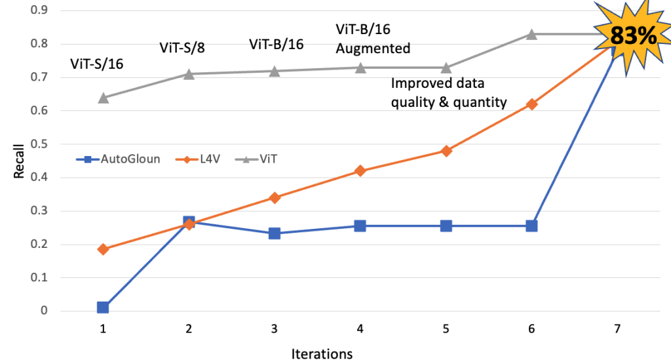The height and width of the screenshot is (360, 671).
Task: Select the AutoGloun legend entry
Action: (x=121, y=159)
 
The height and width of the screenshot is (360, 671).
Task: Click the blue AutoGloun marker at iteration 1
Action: (x=103, y=307)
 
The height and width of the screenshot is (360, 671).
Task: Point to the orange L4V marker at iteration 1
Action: (x=103, y=249)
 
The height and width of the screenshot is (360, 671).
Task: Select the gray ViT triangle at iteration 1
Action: (x=103, y=98)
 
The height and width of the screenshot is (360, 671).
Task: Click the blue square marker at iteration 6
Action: (x=531, y=226)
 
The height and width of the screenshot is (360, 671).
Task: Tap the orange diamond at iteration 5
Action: (x=446, y=151)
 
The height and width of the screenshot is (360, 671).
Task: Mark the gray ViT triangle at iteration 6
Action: (x=531, y=33)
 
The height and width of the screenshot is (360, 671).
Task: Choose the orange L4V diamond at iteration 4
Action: (x=360, y=170)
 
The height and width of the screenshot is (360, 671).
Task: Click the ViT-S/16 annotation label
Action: (x=96, y=64)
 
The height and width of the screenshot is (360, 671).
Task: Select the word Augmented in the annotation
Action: (x=373, y=49)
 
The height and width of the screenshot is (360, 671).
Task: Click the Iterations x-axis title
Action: (x=321, y=354)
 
